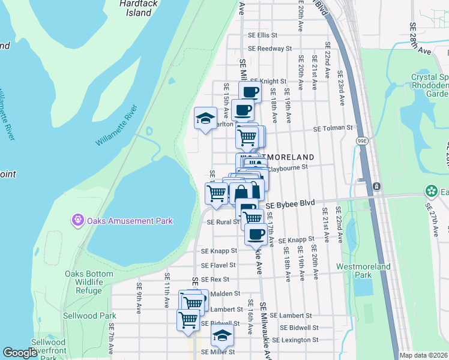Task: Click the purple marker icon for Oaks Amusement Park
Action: point(77,221)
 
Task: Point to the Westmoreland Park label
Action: point(363,271)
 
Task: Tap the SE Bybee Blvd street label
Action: point(291,205)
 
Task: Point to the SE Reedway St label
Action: point(270,49)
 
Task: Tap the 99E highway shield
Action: point(362,140)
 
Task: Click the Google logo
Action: point(19,353)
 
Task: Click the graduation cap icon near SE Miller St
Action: point(222,338)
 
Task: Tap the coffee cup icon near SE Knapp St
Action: point(256,235)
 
